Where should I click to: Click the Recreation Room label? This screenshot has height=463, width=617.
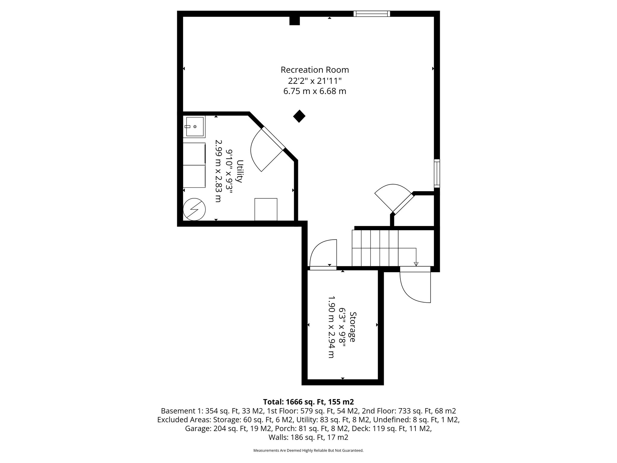coord(315,70)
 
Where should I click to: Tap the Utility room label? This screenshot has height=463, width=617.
coord(240,171)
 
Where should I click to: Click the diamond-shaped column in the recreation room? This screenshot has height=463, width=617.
coord(299,116)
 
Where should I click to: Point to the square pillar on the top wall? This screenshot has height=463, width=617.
coord(295,20)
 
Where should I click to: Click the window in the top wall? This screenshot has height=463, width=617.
coord(371,14)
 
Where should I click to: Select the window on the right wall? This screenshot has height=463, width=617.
coord(437,173)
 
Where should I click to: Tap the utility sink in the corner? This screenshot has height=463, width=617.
coord(194,127)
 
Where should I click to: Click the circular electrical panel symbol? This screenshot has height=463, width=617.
coord(194,209)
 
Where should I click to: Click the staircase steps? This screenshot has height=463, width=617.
coord(375,248)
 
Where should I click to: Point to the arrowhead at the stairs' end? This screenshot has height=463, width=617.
coord(416,264)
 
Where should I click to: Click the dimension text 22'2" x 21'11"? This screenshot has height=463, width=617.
coord(315,81)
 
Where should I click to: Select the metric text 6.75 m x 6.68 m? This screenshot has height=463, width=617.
coord(315,91)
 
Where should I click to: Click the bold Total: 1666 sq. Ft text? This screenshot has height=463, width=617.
coord(308,402)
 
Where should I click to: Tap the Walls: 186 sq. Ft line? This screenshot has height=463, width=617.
coord(308,437)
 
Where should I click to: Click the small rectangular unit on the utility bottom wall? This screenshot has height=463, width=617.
coord(266,209)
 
